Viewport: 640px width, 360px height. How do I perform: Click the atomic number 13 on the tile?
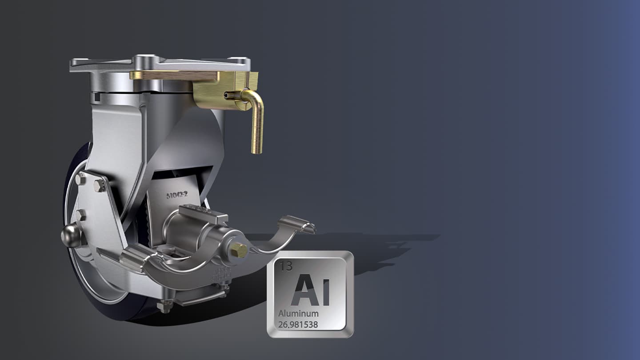pos(287,266)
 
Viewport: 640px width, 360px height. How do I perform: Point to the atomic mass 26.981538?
pos(298,325)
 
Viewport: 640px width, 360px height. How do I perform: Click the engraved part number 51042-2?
pos(177,195)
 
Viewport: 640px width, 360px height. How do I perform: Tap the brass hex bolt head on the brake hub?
pos(239,250)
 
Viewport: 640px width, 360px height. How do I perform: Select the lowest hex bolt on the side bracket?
pos(80,216)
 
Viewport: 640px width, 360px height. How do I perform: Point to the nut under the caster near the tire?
pos(165,305)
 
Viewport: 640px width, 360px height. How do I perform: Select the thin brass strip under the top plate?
pos(173,76)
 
